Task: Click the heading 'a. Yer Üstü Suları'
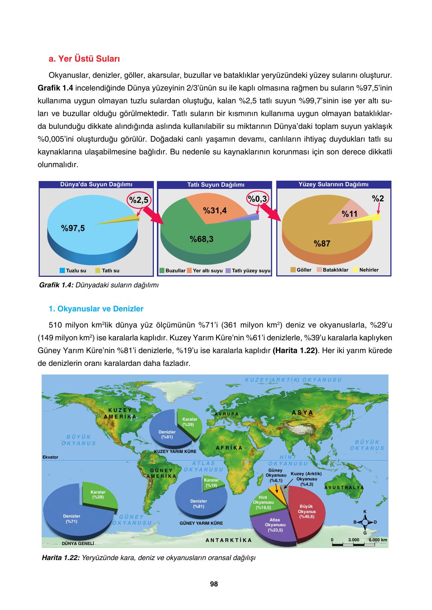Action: click(x=84, y=59)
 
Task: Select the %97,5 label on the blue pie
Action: click(x=73, y=228)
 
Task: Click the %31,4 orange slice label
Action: click(x=215, y=210)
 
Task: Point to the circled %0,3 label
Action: click(x=257, y=199)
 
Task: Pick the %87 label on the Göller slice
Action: click(x=322, y=244)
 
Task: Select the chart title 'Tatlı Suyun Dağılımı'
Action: click(x=215, y=185)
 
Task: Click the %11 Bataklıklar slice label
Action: click(x=350, y=214)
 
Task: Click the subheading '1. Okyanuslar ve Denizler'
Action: click(x=96, y=309)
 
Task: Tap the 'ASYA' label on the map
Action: click(x=303, y=412)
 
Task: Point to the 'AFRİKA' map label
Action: click(x=229, y=448)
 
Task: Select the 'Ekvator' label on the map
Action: click(x=50, y=457)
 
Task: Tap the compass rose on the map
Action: click(x=365, y=522)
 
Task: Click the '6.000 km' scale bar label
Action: click(x=378, y=540)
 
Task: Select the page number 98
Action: click(x=214, y=584)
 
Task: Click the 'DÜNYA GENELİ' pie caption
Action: click(x=78, y=543)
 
